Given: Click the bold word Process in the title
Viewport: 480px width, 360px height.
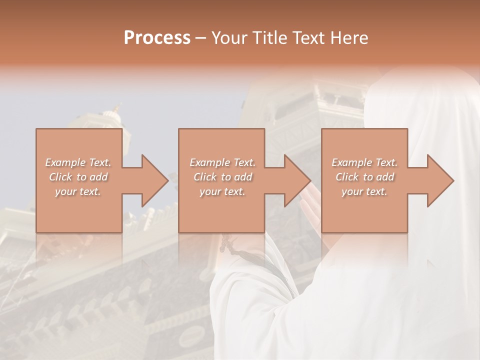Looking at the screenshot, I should tap(157, 37).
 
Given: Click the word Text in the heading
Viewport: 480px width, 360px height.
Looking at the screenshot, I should tap(309, 37).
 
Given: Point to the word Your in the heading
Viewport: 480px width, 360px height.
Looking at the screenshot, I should tap(229, 37).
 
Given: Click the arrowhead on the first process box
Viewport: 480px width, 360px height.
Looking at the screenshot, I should tap(153, 180).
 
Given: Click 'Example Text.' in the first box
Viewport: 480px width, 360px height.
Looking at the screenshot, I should tap(78, 162).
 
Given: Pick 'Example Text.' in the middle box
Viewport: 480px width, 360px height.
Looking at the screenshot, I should tap(222, 162).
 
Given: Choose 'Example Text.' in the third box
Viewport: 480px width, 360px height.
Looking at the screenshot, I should tap(364, 162).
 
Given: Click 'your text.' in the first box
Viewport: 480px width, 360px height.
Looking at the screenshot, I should tap(78, 191).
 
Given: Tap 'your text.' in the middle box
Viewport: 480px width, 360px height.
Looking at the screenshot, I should tap(222, 191).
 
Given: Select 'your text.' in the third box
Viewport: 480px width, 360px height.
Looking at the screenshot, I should tap(364, 191).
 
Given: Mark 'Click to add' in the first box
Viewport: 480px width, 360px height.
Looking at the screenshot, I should tap(78, 177).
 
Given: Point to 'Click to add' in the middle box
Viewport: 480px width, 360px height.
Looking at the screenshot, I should tap(222, 177).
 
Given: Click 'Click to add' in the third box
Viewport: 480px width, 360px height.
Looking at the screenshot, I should tap(364, 177).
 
